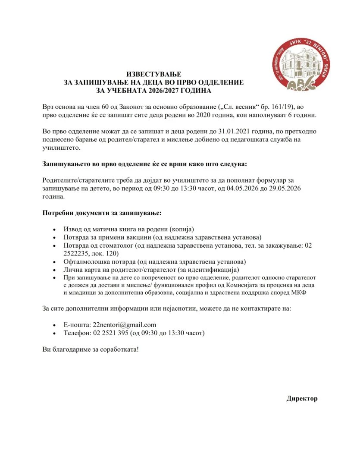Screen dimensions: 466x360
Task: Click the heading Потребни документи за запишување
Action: pos(102,213)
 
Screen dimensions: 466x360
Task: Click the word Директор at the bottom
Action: pos(302,398)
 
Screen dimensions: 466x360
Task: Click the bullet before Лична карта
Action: pos(53,271)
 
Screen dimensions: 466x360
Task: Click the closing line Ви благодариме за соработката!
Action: pos(91,349)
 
